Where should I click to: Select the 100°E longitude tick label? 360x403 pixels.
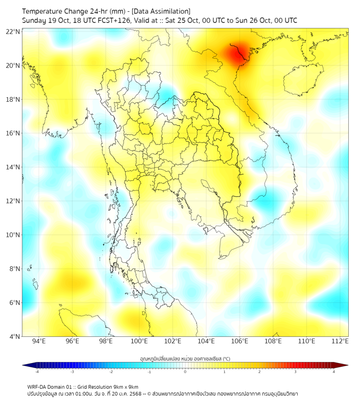[139, 341]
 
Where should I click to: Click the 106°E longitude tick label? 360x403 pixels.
[240, 341]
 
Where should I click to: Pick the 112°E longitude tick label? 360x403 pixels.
[340, 341]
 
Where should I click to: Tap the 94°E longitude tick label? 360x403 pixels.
[39, 341]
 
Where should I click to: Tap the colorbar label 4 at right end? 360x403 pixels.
[333, 372]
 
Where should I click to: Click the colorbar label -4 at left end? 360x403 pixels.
[36, 372]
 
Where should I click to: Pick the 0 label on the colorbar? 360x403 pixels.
[185, 372]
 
